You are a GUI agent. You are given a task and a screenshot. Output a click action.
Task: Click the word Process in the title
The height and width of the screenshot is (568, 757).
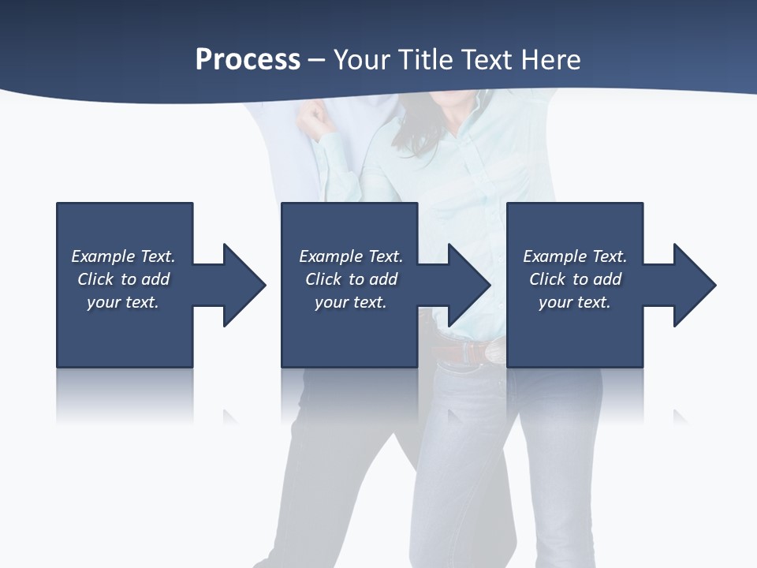[x=248, y=60]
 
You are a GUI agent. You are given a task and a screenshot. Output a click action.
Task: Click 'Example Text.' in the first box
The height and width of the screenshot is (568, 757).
[x=123, y=256]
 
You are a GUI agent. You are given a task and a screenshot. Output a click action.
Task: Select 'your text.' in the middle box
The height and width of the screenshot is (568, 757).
[x=350, y=302]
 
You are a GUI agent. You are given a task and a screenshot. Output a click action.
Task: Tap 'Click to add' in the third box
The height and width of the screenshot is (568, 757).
[x=575, y=279]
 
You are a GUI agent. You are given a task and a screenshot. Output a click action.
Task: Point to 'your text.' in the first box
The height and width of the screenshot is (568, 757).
[x=123, y=302]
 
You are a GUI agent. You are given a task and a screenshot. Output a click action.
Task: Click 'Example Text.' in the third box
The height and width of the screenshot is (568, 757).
[x=575, y=256]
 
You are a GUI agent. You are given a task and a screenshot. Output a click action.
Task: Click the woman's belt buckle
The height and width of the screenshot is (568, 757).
[x=494, y=352]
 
